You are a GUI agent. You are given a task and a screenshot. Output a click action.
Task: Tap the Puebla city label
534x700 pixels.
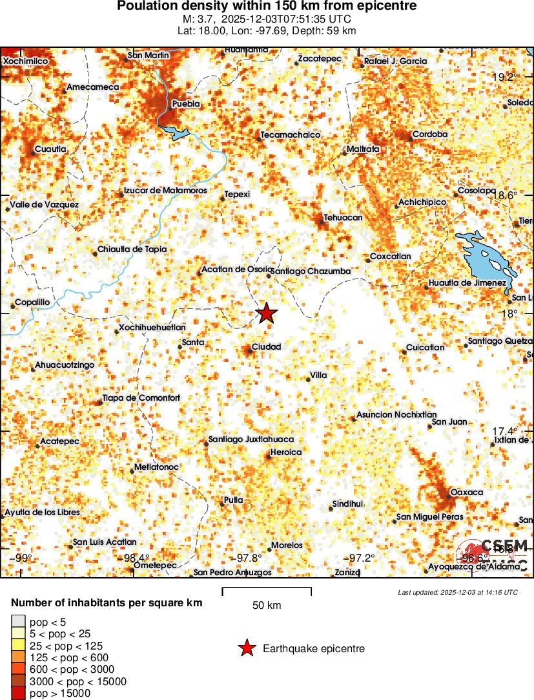pyautogui.click(x=186, y=104)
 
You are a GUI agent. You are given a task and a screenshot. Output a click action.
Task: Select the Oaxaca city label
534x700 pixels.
pyautogui.click(x=466, y=493)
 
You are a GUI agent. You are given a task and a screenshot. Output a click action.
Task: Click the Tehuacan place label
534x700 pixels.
pyautogui.click(x=343, y=218)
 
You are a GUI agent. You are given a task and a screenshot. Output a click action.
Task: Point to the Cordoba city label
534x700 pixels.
pyautogui.click(x=429, y=134)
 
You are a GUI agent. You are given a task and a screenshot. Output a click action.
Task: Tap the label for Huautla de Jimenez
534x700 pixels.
pyautogui.click(x=467, y=284)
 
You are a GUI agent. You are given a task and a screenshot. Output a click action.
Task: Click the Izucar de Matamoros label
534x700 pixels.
pyautogui.click(x=165, y=191)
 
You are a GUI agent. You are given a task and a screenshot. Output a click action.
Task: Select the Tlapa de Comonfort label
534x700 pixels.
pyautogui.click(x=141, y=398)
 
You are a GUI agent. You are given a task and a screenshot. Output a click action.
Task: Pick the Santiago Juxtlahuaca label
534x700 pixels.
pyautogui.click(x=251, y=440)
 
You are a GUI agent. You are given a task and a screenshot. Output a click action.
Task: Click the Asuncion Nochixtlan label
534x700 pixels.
pyautogui.click(x=396, y=415)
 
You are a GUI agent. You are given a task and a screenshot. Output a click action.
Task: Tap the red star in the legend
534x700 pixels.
pyautogui.click(x=247, y=648)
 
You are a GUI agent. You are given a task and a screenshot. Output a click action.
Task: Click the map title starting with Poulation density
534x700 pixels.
pyautogui.click(x=267, y=6)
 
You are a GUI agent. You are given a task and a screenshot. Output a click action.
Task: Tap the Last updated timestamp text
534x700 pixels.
pyautogui.click(x=457, y=592)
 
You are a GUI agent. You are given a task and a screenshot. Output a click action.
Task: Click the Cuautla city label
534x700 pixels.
pyautogui.click(x=50, y=149)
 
